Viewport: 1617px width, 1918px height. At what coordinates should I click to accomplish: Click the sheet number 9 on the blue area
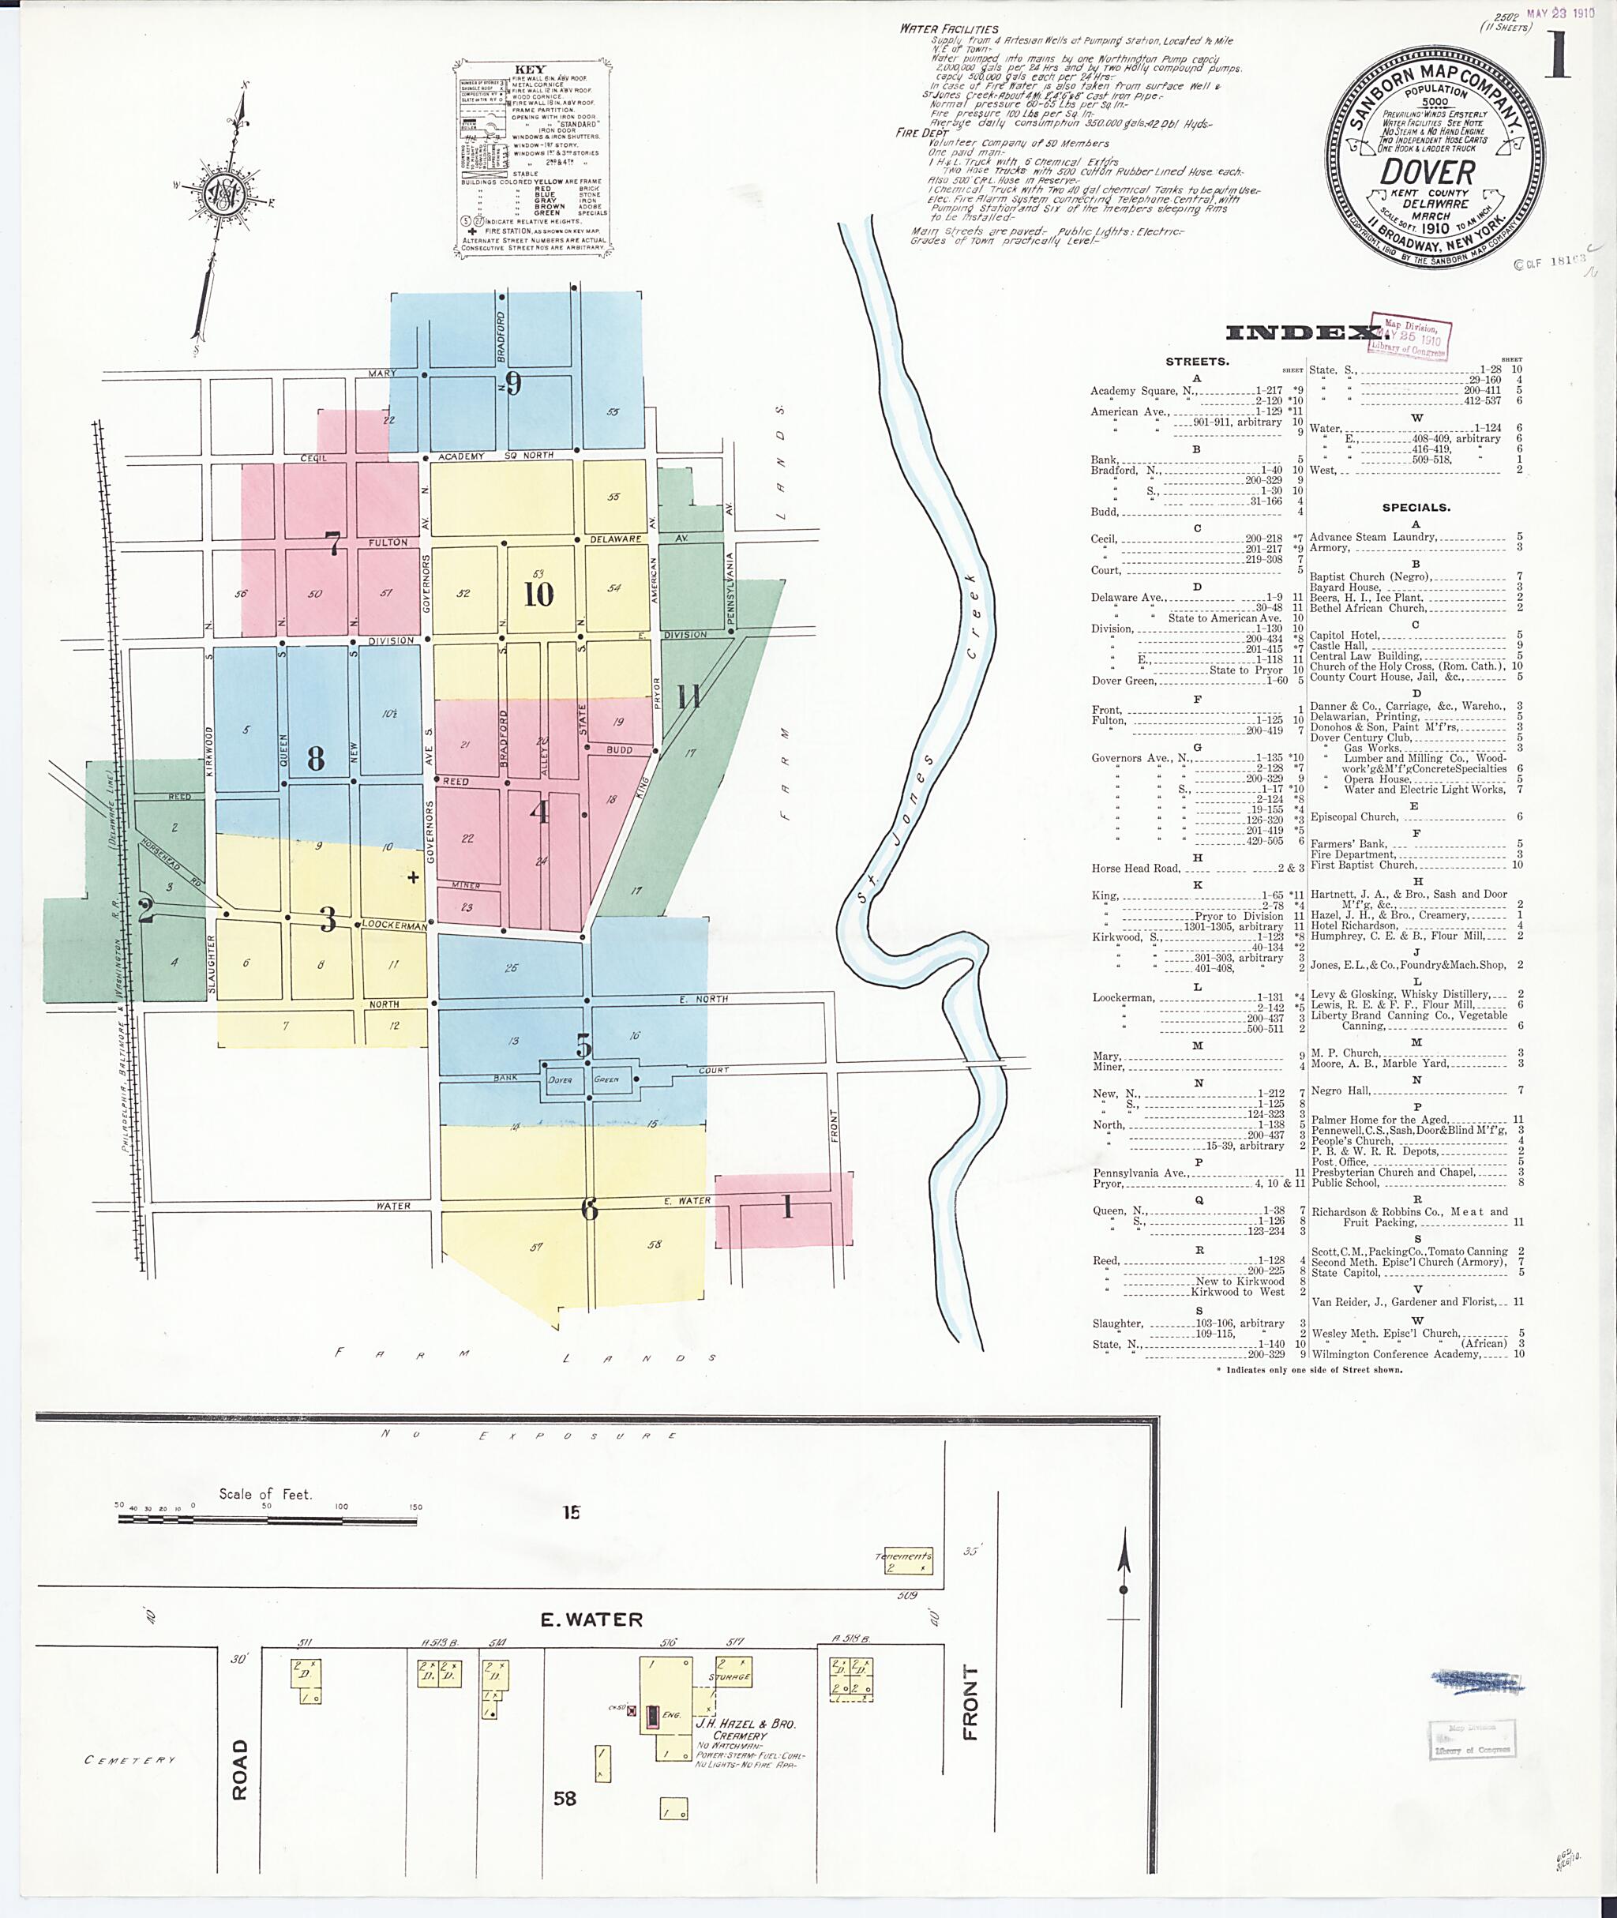click(513, 383)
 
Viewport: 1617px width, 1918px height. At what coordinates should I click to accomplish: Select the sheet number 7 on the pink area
click(335, 544)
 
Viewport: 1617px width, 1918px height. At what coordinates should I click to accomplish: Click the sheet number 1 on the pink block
click(786, 1208)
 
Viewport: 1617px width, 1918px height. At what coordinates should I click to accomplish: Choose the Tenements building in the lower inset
click(903, 1561)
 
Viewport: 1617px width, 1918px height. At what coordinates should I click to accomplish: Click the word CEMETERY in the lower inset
click(129, 1759)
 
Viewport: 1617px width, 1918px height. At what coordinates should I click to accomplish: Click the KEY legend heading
click(530, 69)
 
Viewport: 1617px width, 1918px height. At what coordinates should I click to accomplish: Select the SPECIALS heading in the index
click(1416, 507)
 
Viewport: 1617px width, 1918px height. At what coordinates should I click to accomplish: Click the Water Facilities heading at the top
click(949, 28)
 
